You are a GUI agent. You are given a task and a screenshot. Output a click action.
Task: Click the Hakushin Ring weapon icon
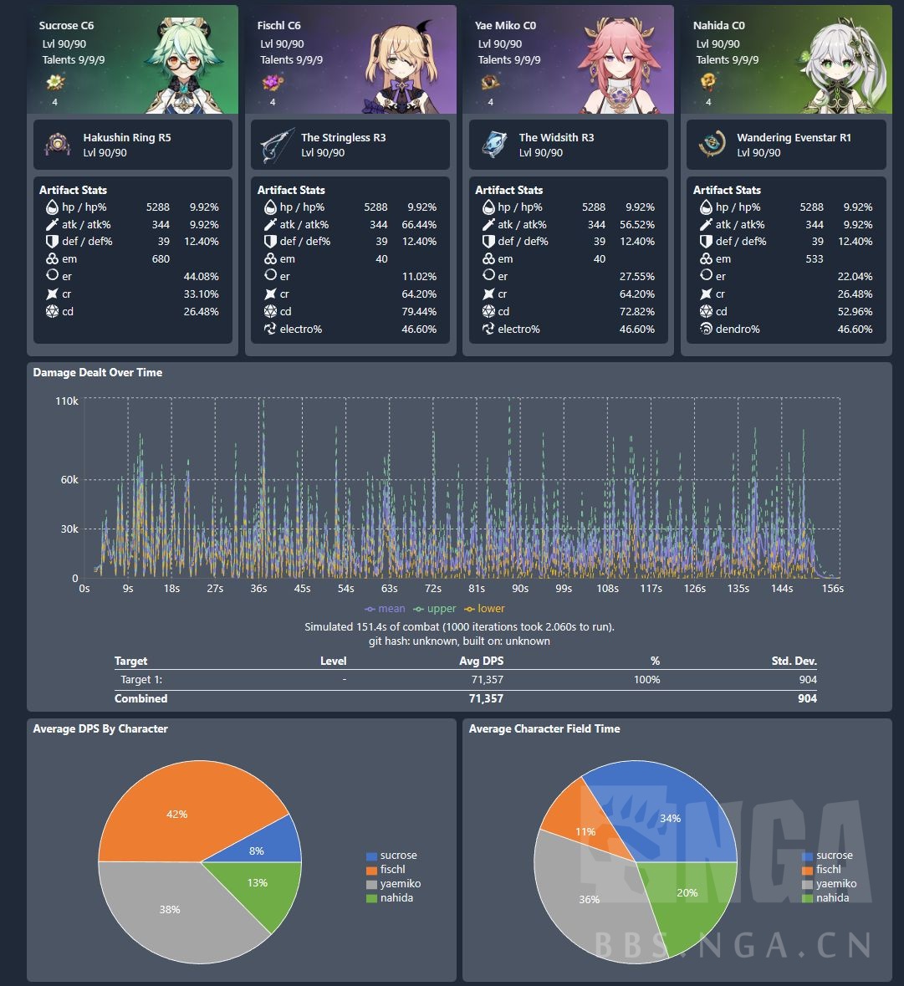pyautogui.click(x=57, y=145)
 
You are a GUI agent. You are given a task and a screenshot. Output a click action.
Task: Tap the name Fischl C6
pyautogui.click(x=278, y=26)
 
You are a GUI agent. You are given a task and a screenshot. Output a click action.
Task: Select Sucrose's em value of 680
pyautogui.click(x=161, y=259)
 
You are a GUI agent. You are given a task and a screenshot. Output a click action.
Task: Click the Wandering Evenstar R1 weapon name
pyautogui.click(x=794, y=138)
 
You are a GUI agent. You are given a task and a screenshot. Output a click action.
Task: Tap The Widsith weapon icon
pyautogui.click(x=493, y=145)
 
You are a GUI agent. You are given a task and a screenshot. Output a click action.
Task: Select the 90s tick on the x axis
pyautogui.click(x=519, y=589)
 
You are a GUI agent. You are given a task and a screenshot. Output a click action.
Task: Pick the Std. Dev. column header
pyautogui.click(x=794, y=662)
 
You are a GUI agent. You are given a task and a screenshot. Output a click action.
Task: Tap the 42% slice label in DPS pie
pyautogui.click(x=176, y=814)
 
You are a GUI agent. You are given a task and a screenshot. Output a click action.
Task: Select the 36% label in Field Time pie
pyautogui.click(x=589, y=899)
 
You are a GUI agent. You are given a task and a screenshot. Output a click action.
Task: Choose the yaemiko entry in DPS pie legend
pyautogui.click(x=400, y=884)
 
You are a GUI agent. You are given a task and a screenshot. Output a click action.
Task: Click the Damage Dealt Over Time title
pyautogui.click(x=97, y=372)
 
